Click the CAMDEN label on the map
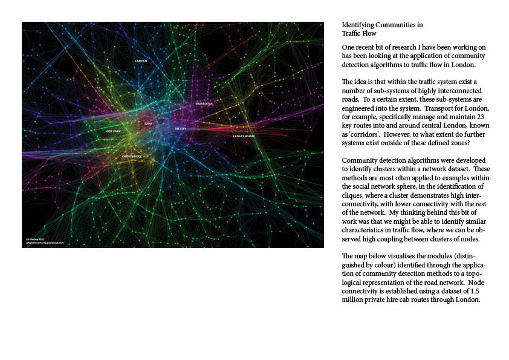[141, 61]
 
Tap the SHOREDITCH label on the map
[204, 103]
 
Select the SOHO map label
[149, 123]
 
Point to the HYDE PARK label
[113, 131]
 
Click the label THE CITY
[181, 129]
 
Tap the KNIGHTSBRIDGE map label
[132, 156]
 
